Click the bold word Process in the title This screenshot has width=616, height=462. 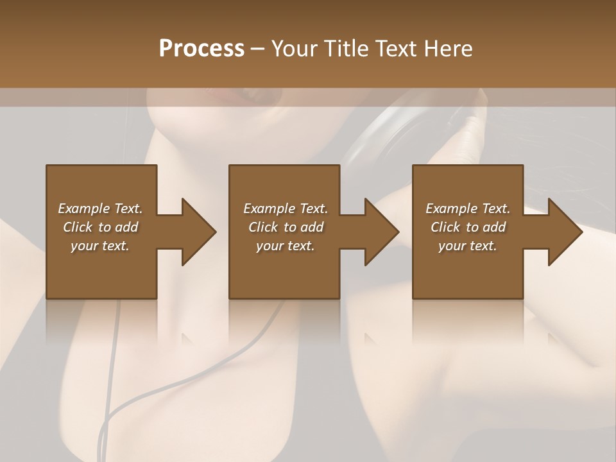click(201, 49)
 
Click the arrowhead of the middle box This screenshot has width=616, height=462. click(381, 232)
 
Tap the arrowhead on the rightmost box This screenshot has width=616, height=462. click(565, 232)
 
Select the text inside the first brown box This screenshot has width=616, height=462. click(101, 227)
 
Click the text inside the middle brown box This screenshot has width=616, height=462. click(286, 227)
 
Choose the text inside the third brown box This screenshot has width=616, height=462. click(468, 227)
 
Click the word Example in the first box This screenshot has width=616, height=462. click(84, 209)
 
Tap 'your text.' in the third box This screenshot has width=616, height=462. click(468, 246)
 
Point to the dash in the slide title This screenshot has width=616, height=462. click(258, 49)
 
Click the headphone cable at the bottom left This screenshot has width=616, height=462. click(108, 411)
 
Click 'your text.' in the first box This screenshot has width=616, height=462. click(101, 246)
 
